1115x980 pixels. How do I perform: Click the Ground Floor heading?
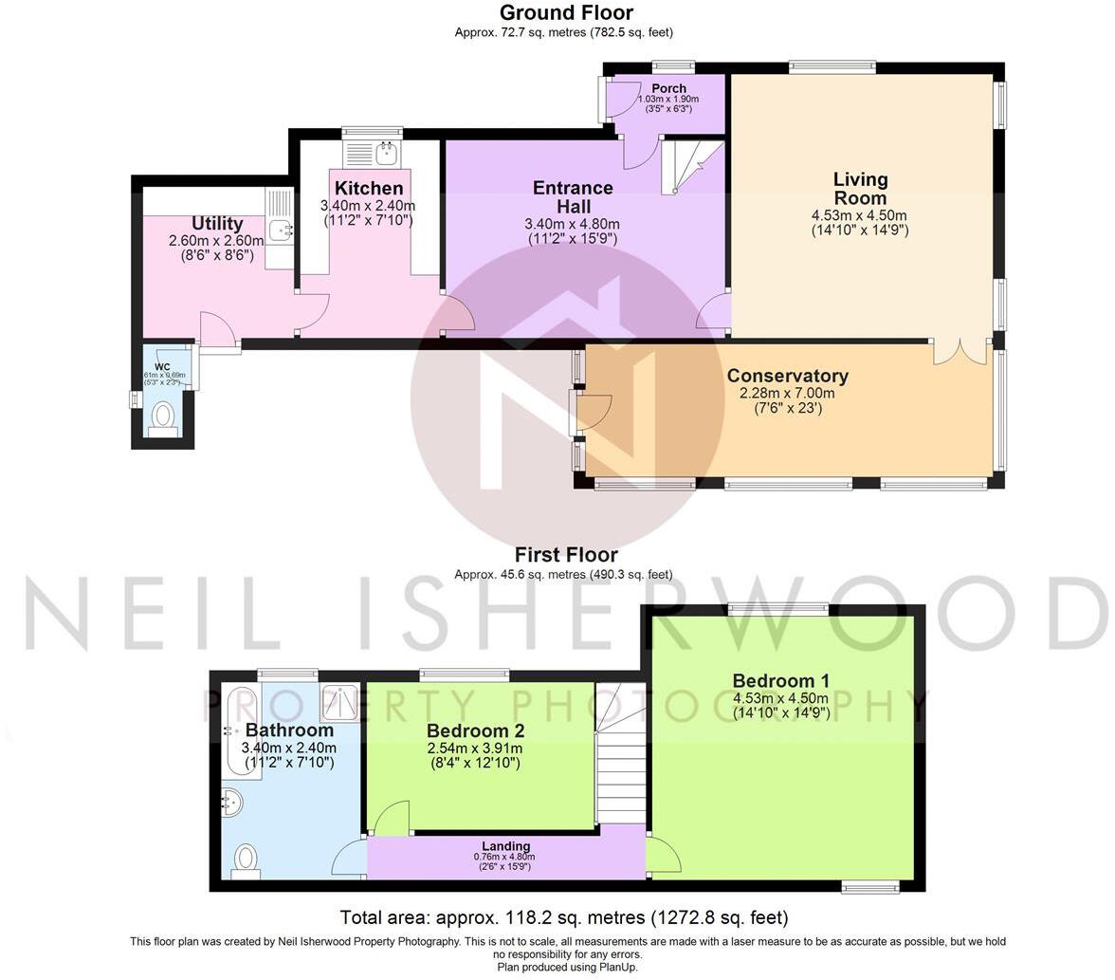(566, 12)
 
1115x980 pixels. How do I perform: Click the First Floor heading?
(566, 555)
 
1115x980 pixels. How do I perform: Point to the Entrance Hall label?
(573, 196)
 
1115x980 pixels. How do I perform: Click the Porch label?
(668, 88)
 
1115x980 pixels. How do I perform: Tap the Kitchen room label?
(369, 188)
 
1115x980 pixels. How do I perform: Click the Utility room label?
(217, 224)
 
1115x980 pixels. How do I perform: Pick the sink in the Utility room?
(279, 229)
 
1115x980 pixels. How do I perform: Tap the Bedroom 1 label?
(780, 680)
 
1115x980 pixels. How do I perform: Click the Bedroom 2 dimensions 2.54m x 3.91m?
(474, 749)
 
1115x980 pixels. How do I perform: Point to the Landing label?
(505, 846)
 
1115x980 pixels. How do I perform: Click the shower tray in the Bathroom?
(338, 702)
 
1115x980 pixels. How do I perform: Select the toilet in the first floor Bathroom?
(246, 860)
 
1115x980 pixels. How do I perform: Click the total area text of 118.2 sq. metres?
(564, 917)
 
